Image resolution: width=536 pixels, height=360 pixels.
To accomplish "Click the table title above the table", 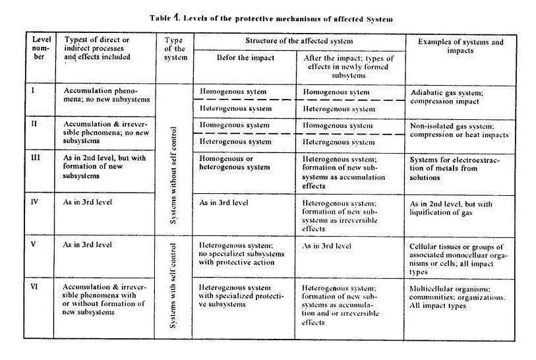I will coord(267,19).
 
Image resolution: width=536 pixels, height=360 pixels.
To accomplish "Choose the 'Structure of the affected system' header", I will coord(299,40).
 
